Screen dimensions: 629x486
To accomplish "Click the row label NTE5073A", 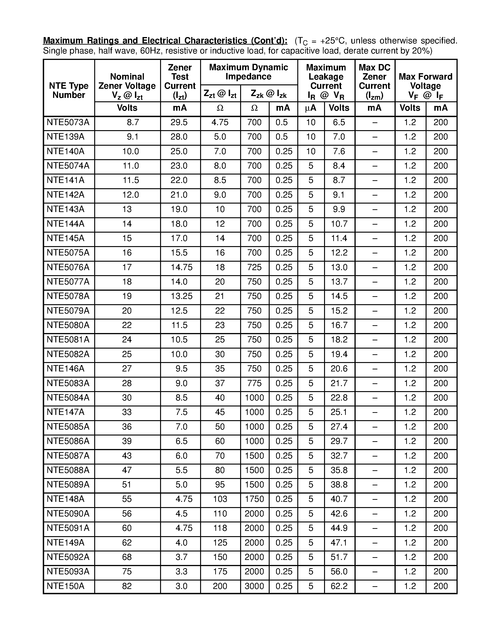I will (68, 123).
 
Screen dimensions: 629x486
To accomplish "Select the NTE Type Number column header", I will (69, 90).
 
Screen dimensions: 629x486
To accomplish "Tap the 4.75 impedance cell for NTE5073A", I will (220, 123).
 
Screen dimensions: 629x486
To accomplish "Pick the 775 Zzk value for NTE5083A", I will (254, 383).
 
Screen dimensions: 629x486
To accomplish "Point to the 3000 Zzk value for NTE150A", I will (254, 586).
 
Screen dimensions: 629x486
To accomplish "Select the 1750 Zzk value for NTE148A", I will (254, 499).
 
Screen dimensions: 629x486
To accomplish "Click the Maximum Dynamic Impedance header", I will (248, 72).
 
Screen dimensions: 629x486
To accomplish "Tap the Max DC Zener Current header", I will (374, 81).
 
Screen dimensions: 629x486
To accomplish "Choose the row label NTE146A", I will (65, 369).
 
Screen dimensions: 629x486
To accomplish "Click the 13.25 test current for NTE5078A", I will (181, 296).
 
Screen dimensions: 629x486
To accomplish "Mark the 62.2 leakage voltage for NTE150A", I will (339, 586).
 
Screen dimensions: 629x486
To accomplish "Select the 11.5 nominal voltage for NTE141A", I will (131, 180).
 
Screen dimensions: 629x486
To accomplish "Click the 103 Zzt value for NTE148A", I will (220, 499).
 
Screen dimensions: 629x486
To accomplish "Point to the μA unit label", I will (310, 108).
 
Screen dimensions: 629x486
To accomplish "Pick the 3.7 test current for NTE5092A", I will (181, 557).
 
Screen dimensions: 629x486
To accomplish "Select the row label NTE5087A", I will (68, 456).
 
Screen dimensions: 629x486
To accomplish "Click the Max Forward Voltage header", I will (425, 86).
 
